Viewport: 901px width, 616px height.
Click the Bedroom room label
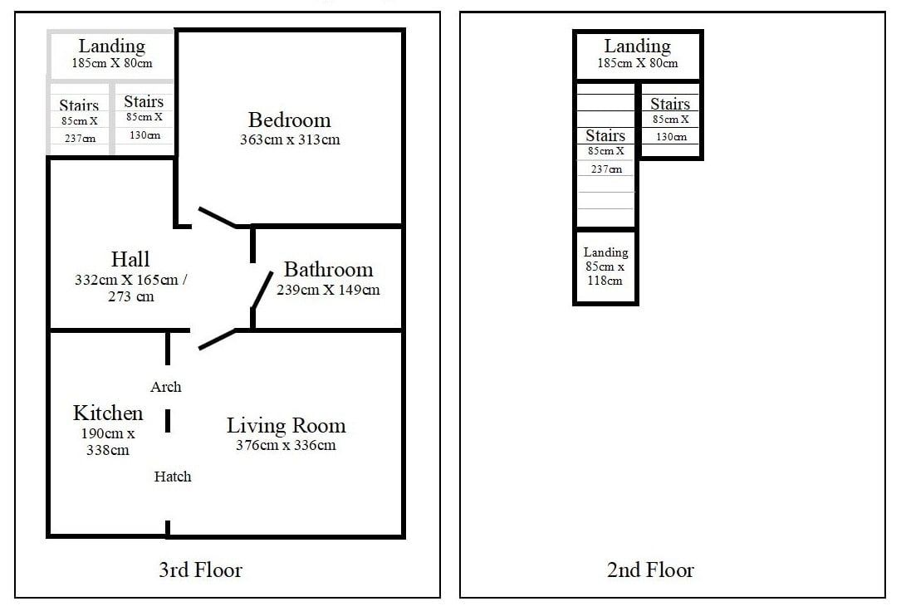pyautogui.click(x=290, y=120)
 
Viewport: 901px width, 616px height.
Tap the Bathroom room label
pyautogui.click(x=328, y=270)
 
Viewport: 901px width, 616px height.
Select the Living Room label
pyautogui.click(x=286, y=426)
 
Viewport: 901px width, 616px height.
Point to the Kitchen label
pyautogui.click(x=108, y=413)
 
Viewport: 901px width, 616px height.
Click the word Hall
pyautogui.click(x=130, y=259)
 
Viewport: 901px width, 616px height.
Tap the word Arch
pyautogui.click(x=166, y=387)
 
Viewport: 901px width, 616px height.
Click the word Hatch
pyautogui.click(x=173, y=477)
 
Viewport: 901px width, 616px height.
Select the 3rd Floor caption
pyautogui.click(x=200, y=570)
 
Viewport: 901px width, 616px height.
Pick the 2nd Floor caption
pyautogui.click(x=650, y=570)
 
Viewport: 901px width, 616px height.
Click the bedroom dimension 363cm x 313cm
pyautogui.click(x=290, y=139)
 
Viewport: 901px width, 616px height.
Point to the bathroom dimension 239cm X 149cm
pyautogui.click(x=328, y=291)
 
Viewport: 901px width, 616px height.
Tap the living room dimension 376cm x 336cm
pyautogui.click(x=286, y=445)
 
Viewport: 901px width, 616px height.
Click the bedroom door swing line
pyautogui.click(x=217, y=218)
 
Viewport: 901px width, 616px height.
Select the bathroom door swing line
pyautogui.click(x=262, y=291)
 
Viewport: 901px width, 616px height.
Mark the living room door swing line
pyautogui.click(x=217, y=339)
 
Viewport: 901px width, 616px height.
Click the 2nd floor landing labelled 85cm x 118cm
pyautogui.click(x=605, y=266)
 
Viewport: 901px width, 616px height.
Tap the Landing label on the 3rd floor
pyautogui.click(x=112, y=46)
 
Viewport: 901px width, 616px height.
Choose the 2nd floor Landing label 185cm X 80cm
pyautogui.click(x=638, y=53)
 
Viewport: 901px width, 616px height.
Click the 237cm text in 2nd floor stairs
pyautogui.click(x=607, y=169)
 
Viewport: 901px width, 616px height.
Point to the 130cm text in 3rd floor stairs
pyautogui.click(x=144, y=135)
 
